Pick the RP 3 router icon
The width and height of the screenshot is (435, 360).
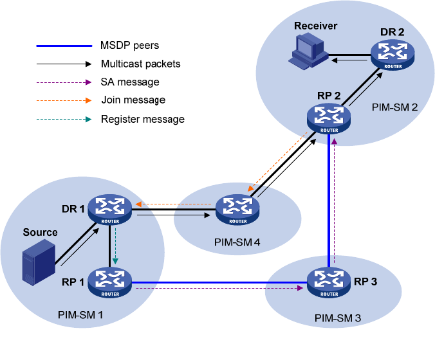pyautogui.click(x=328, y=280)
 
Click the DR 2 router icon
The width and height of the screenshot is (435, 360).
pyautogui.click(x=391, y=55)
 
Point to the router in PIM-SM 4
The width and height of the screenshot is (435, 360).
pyautogui.click(x=237, y=209)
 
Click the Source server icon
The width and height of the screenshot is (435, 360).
pyautogui.click(x=37, y=262)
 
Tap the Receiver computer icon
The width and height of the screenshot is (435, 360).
pyautogui.click(x=306, y=51)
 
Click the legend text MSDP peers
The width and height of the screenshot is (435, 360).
pyautogui.click(x=130, y=46)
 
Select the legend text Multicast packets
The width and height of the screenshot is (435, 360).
pyautogui.click(x=141, y=64)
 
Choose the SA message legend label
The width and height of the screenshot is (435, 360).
pyautogui.click(x=130, y=82)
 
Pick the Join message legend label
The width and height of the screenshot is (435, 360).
pyautogui.click(x=133, y=100)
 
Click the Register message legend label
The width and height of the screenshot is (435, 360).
pyautogui.click(x=143, y=119)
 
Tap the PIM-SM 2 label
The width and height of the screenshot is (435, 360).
pyautogui.click(x=395, y=107)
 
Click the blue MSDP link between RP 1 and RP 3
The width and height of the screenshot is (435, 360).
pyautogui.click(x=219, y=282)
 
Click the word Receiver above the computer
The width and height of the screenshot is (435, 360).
pyautogui.click(x=316, y=26)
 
